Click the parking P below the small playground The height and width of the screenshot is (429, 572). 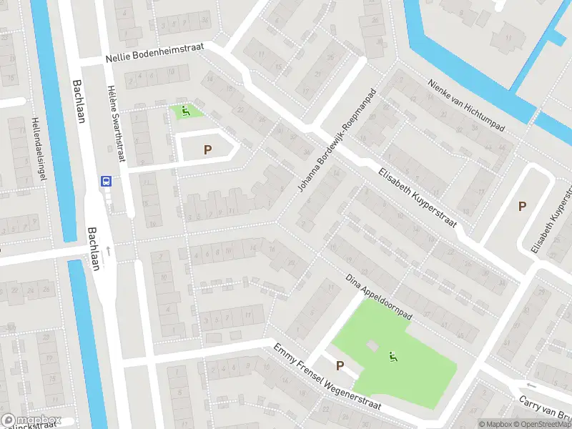[x=207, y=149]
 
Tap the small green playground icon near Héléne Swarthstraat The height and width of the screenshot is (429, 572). [x=186, y=111]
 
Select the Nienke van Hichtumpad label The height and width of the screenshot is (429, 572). [x=466, y=105]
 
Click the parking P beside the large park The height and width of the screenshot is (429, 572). [x=340, y=366]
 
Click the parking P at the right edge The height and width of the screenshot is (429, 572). [x=522, y=206]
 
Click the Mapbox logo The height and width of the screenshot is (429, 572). [x=30, y=420]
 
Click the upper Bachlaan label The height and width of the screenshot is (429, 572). [x=78, y=101]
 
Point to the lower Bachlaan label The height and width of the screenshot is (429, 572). [x=93, y=249]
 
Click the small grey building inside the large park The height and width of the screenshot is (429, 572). [x=371, y=346]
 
